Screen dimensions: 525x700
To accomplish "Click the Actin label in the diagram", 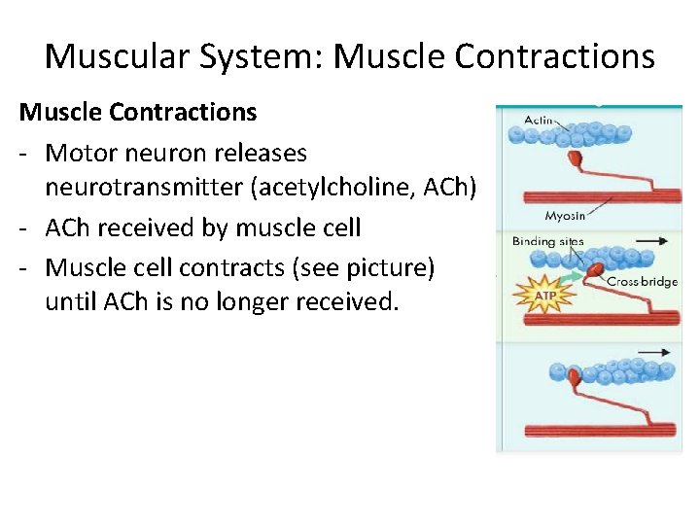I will click(x=539, y=120).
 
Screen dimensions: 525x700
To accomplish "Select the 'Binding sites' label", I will click(x=548, y=241).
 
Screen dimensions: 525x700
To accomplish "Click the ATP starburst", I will click(x=546, y=295).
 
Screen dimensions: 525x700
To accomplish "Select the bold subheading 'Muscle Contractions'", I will click(x=138, y=112).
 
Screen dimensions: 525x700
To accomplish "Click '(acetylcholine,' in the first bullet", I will click(x=329, y=189).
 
